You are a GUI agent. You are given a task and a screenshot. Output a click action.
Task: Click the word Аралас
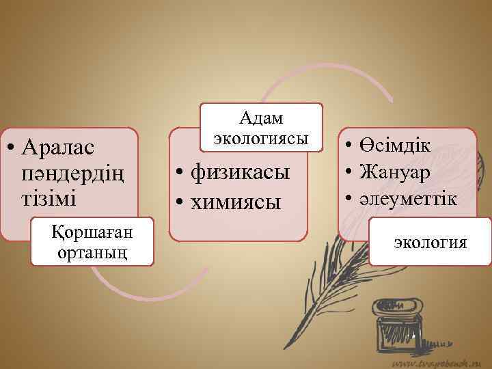click(59, 146)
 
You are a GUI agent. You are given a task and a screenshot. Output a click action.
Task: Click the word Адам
click(261, 118)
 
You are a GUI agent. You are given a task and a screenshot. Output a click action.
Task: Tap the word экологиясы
click(261, 137)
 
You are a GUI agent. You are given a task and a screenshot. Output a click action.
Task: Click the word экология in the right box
click(430, 242)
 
